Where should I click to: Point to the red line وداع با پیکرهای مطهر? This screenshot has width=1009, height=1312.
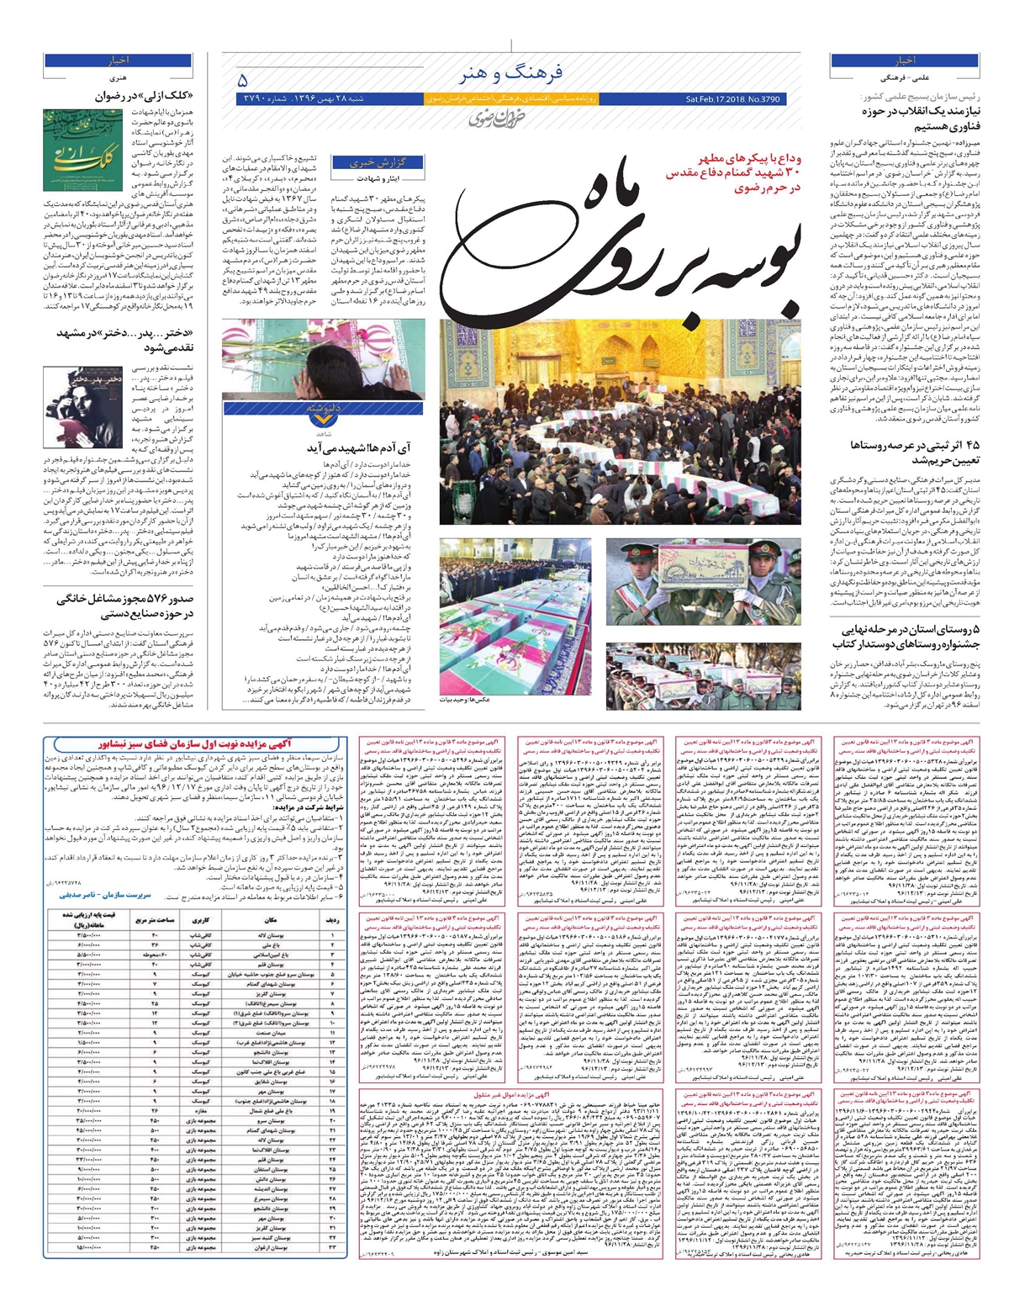(741, 158)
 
